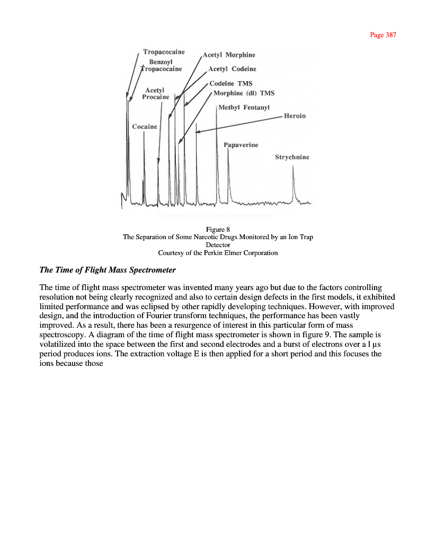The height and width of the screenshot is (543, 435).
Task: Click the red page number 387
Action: tap(383, 35)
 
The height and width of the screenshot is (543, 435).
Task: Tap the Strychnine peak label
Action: tap(292, 157)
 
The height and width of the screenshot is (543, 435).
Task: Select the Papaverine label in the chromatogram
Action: tap(241, 145)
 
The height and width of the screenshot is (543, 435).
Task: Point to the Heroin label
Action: tap(295, 116)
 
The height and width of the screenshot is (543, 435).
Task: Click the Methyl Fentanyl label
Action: tap(244, 108)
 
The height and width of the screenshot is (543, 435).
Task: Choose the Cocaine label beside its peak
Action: tap(145, 126)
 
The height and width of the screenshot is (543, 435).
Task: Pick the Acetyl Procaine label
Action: tap(156, 93)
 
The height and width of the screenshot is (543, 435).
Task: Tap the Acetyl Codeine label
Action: tap(232, 69)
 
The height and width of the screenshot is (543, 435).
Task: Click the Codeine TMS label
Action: tap(231, 83)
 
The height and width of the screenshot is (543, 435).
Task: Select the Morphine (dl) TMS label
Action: tap(244, 93)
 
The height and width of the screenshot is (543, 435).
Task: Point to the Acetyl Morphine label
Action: tap(229, 55)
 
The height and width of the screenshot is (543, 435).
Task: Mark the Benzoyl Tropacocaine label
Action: tap(162, 65)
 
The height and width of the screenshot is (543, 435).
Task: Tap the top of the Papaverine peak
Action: tap(228, 150)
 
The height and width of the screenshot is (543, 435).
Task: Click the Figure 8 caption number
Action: tap(218, 229)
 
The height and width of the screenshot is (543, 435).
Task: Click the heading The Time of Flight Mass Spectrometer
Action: tap(108, 270)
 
